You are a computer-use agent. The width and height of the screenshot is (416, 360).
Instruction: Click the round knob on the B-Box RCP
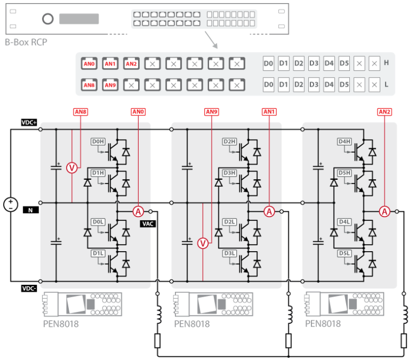(48, 19)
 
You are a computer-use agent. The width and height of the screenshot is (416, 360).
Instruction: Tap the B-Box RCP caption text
(26, 42)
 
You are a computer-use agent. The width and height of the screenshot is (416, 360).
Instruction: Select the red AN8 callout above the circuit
(80, 112)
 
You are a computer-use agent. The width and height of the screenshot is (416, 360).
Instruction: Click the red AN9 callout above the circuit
(211, 112)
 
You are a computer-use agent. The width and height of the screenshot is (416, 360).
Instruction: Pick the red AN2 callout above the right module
(384, 112)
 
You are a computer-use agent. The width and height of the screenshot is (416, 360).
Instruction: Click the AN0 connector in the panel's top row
(89, 63)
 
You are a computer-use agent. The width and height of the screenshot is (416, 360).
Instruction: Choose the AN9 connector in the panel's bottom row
(110, 85)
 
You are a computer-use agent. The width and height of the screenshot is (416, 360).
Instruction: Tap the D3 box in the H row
(314, 63)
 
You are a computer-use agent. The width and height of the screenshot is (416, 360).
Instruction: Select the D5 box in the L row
(344, 85)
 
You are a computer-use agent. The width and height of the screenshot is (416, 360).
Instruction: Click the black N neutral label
(29, 208)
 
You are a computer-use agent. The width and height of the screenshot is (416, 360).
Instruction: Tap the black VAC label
(148, 223)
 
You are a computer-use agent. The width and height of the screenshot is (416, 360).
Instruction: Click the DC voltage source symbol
(10, 204)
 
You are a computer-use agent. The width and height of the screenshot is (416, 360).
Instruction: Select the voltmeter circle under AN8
(71, 168)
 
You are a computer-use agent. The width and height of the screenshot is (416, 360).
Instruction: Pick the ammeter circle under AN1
(269, 212)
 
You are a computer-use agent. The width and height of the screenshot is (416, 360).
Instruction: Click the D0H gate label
(97, 142)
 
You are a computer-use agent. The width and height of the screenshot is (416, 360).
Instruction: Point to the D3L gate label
(229, 253)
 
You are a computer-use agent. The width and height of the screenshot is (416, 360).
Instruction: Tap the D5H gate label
(344, 173)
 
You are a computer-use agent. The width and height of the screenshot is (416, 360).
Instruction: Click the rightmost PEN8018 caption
(323, 324)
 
